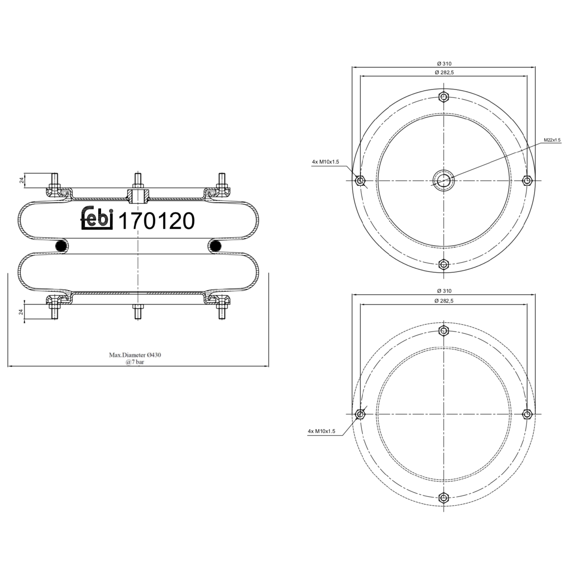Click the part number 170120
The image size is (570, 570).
pos(157,221)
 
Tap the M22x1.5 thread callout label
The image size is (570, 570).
pos(552,140)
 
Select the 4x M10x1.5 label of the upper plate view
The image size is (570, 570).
pos(325,162)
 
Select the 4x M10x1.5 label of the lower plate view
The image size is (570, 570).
pos(321,431)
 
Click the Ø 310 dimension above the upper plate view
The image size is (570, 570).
pos(444,64)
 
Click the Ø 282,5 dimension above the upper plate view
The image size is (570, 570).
pos(444,72)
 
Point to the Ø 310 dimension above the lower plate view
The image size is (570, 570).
pos(444,291)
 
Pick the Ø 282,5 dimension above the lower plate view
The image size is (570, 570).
pos(444,301)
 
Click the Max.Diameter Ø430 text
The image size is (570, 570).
pos(135,355)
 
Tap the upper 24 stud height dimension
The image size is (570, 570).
pos(22,180)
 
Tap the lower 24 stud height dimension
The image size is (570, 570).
pos(22,312)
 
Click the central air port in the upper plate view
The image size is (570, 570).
pos(443,180)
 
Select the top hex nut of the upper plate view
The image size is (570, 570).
pos(443,97)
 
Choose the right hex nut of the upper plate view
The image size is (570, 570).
pos(527,180)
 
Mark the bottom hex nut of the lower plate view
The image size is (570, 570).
pos(443,498)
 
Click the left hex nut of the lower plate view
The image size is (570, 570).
pos(359,414)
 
